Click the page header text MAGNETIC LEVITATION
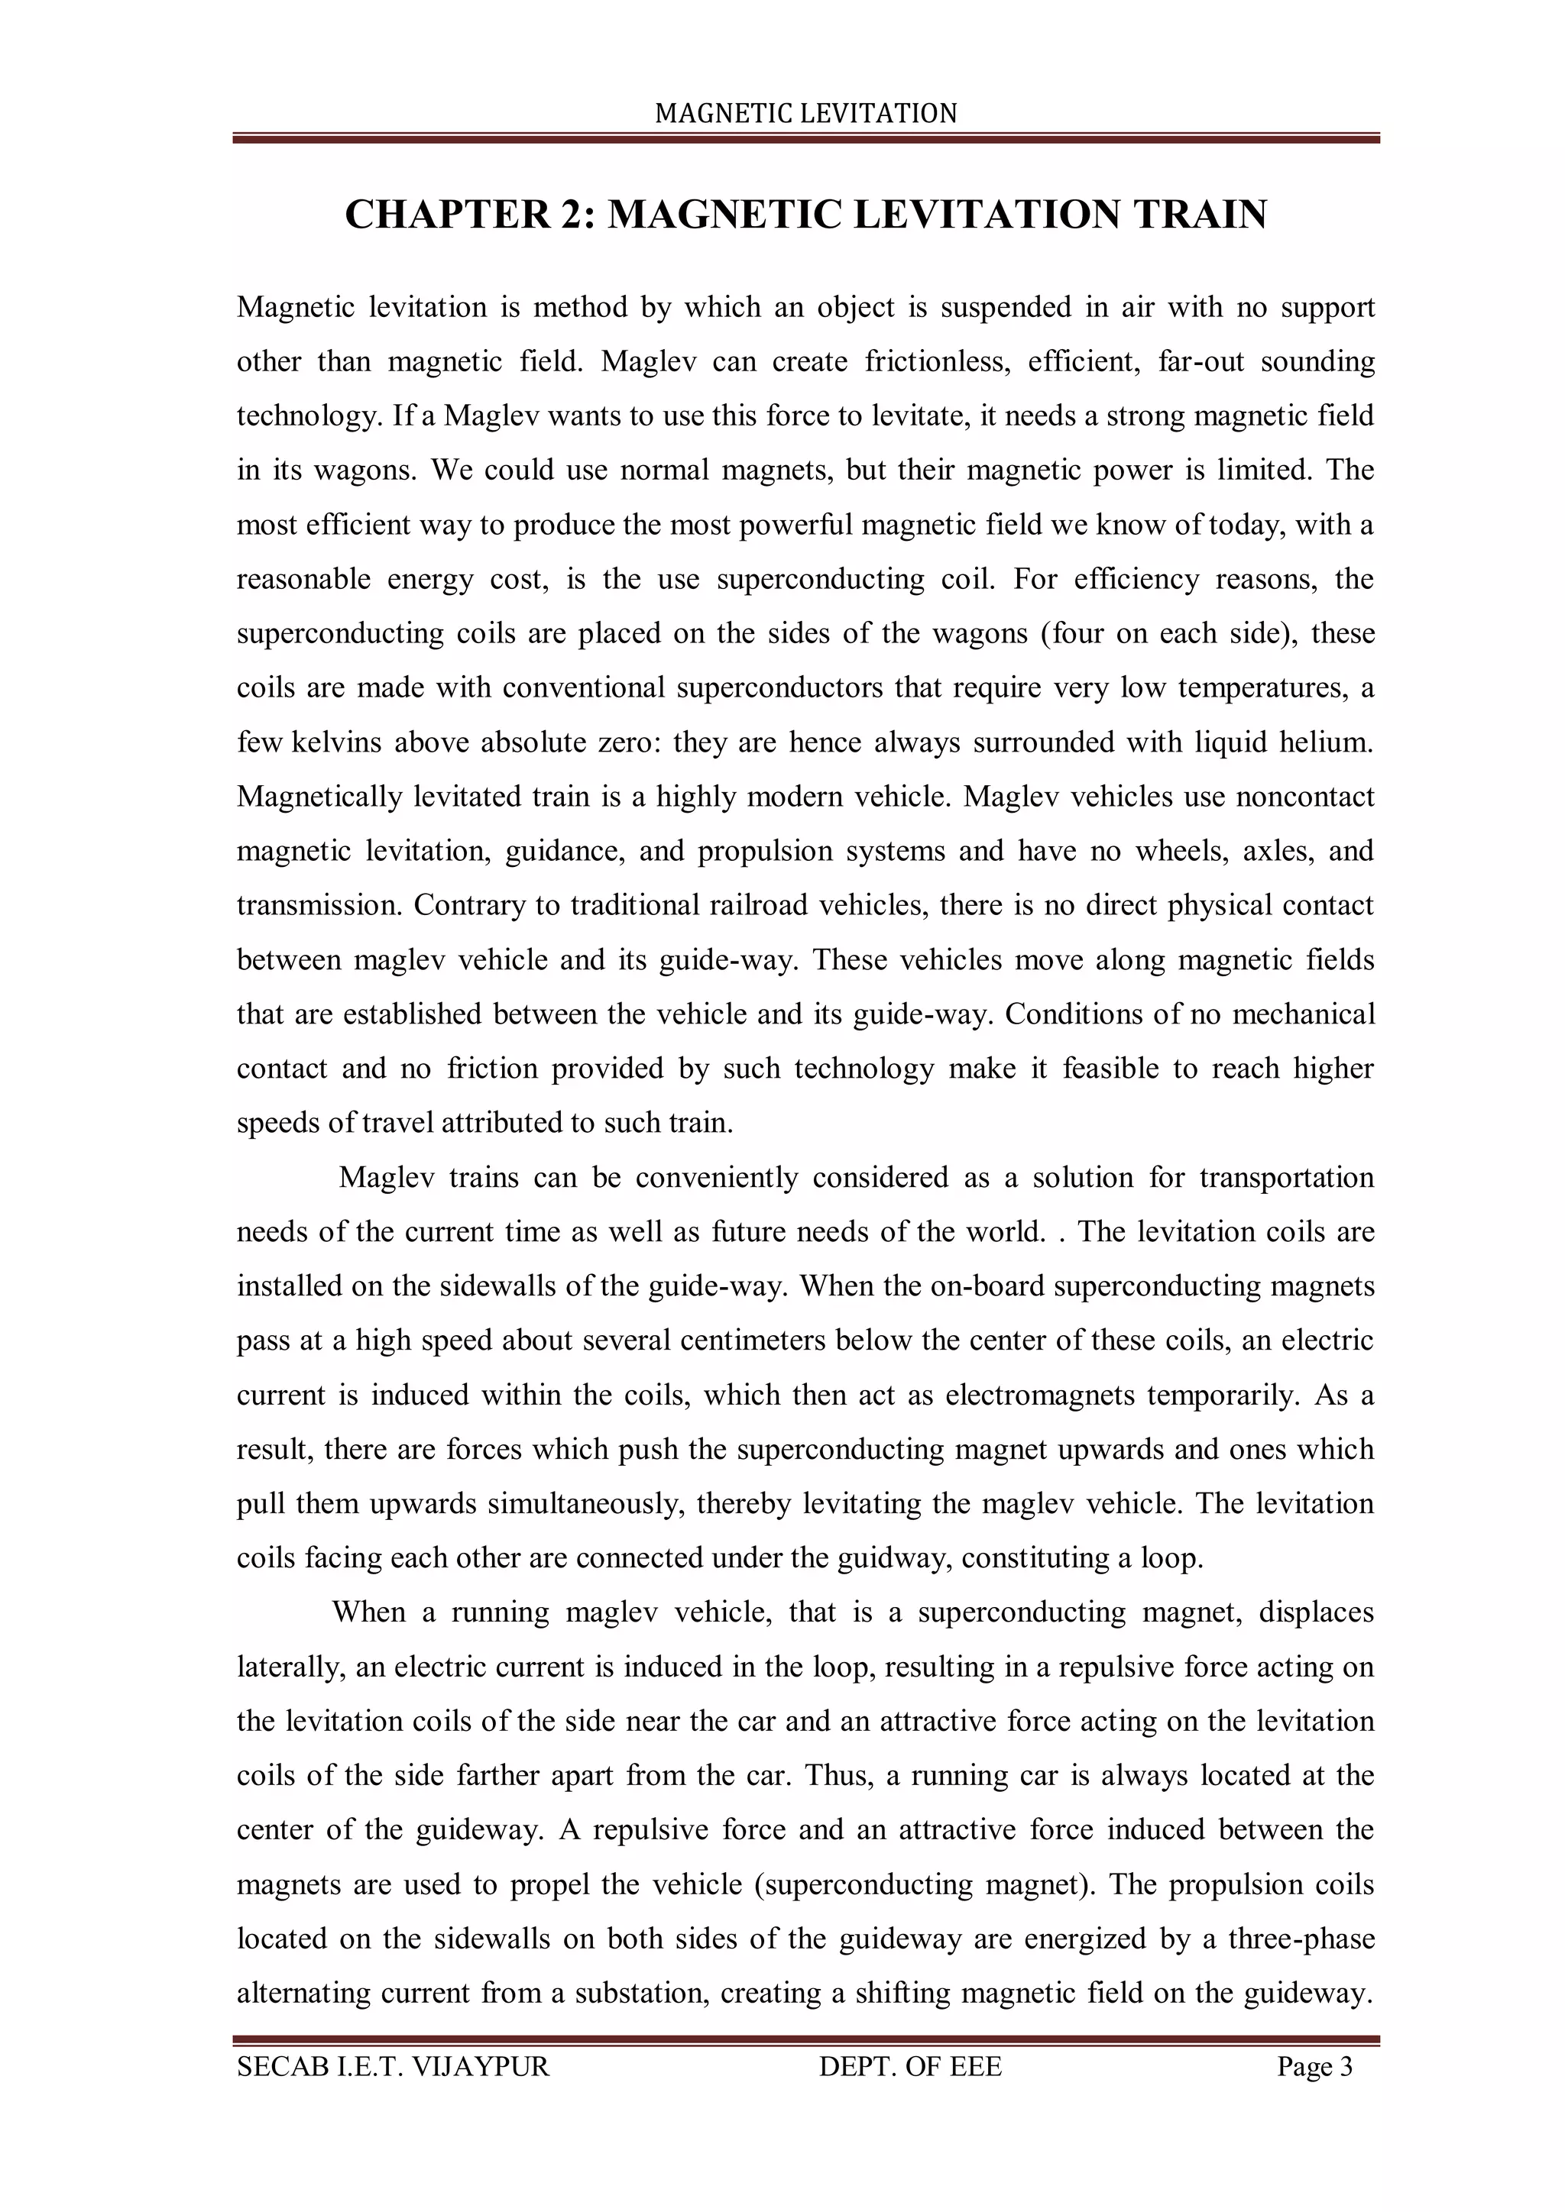805,114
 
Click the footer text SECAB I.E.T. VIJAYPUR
394,2067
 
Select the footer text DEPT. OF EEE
909,2067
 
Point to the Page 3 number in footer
1314,2067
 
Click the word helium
1325,742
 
